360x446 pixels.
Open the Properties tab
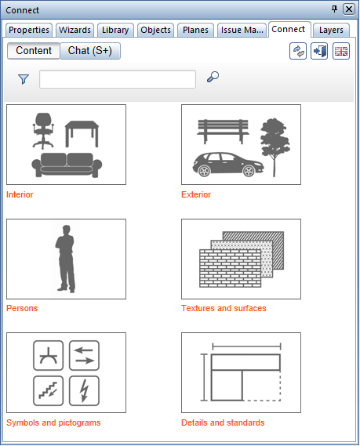(x=29, y=30)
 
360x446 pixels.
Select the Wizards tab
(x=75, y=30)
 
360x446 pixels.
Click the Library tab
(x=115, y=30)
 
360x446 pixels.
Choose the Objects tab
(x=155, y=30)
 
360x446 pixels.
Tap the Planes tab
(x=195, y=30)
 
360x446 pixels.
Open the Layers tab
(x=331, y=30)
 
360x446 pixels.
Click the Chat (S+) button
(x=90, y=51)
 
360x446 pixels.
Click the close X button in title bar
(x=349, y=9)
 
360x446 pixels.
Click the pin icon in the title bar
(x=335, y=9)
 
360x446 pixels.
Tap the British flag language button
(x=341, y=51)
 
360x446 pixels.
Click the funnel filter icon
(x=24, y=79)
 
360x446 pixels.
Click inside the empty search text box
(x=118, y=79)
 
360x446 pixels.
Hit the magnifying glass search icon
(x=213, y=77)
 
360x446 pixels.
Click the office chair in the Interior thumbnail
(x=43, y=131)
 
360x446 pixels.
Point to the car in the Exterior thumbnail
(x=228, y=165)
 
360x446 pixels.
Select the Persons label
(x=22, y=308)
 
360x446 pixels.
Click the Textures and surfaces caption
(x=224, y=308)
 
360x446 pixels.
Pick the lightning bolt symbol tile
(x=84, y=391)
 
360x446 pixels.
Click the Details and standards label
(x=223, y=422)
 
